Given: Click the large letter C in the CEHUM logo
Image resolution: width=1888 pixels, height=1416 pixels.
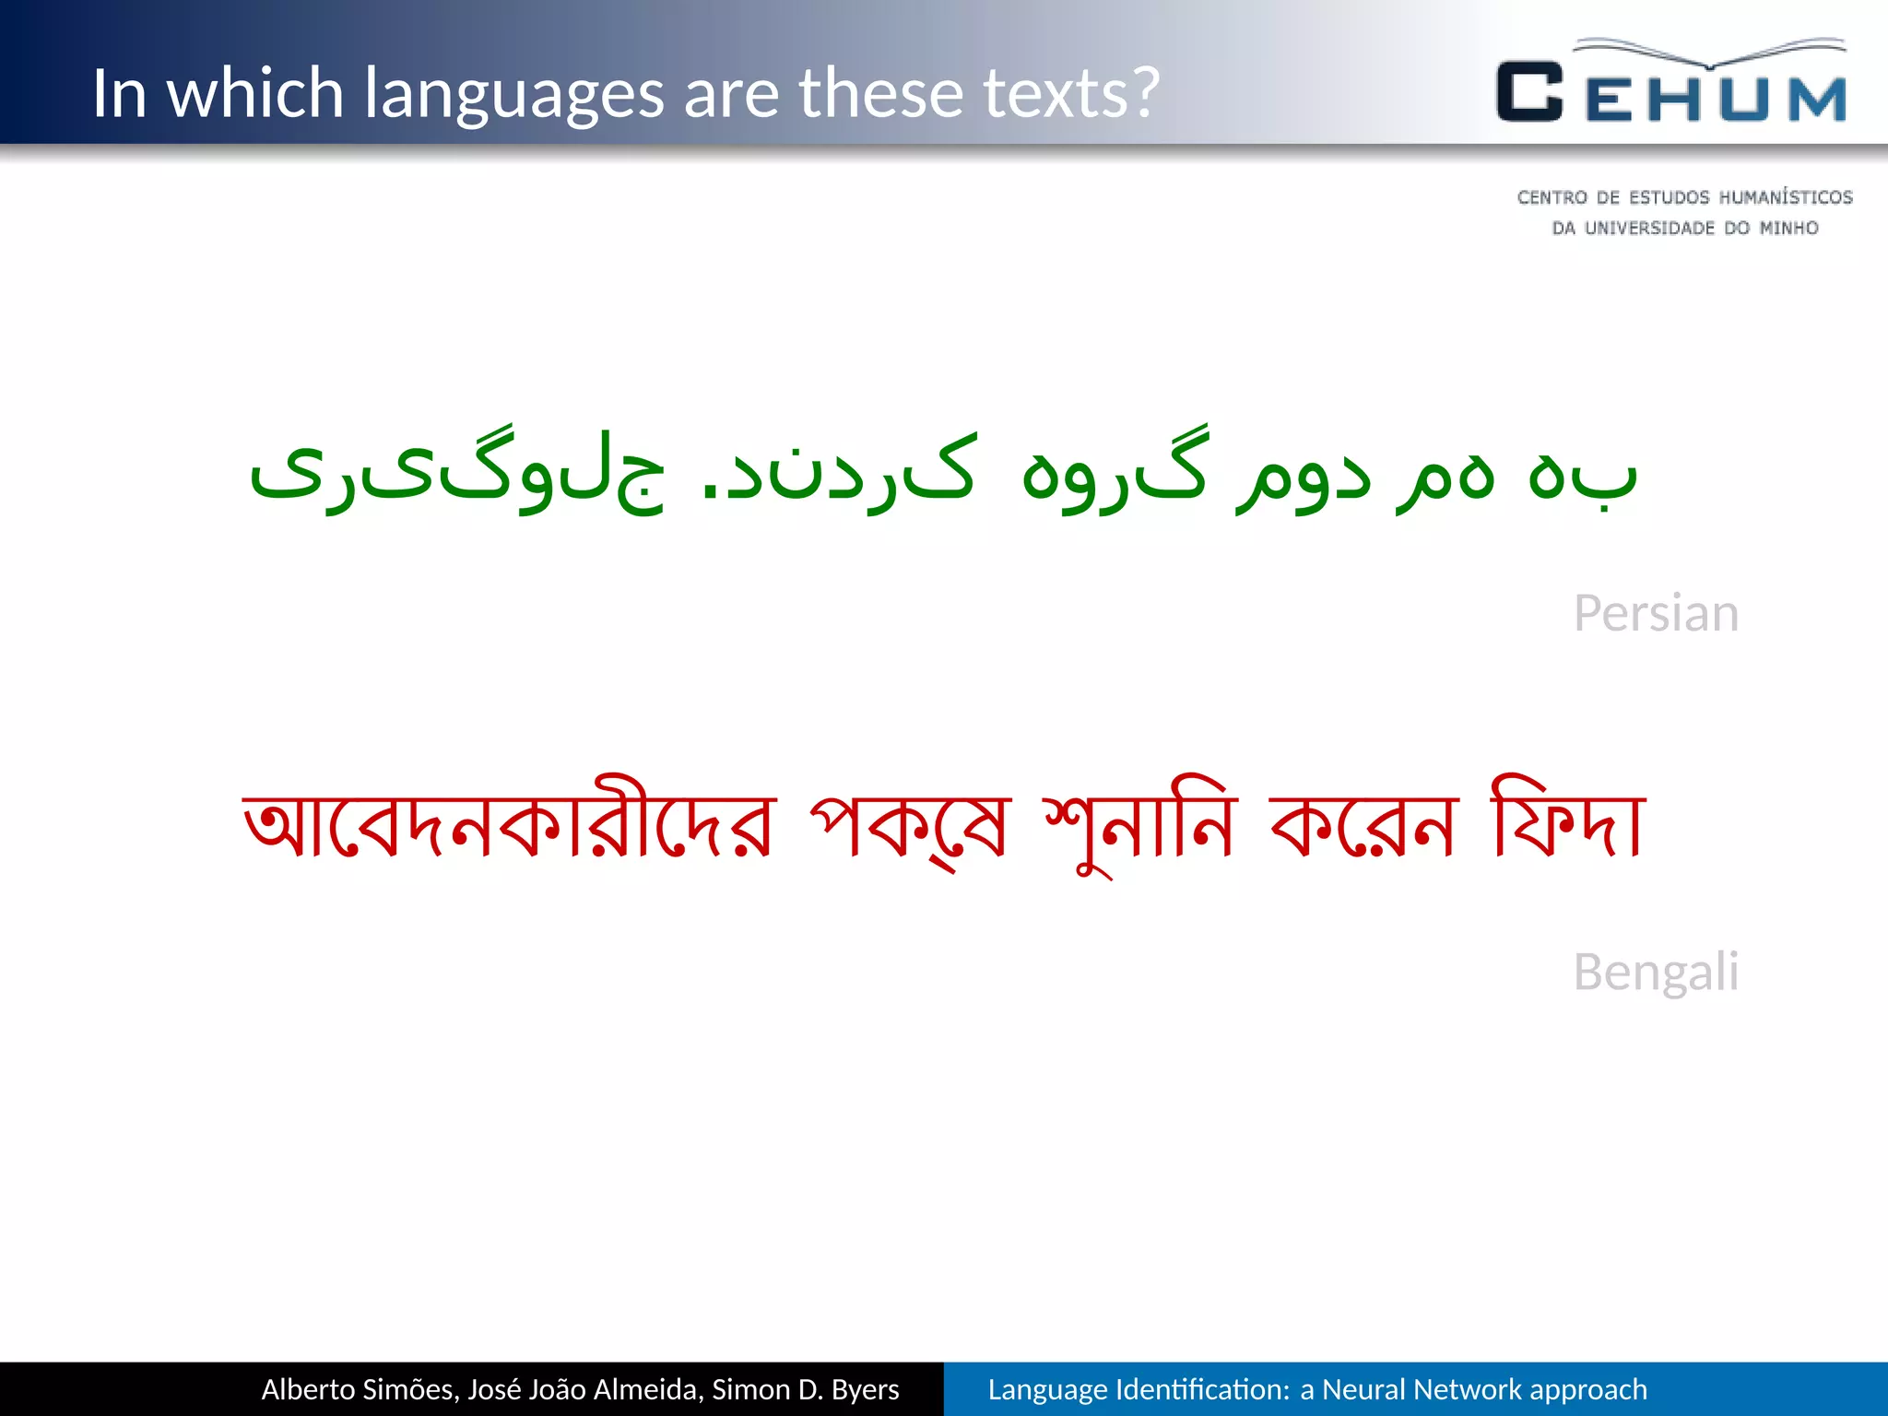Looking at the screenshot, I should pyautogui.click(x=1529, y=92).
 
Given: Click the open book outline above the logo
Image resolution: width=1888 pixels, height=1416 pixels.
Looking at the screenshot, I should pyautogui.click(x=1710, y=52).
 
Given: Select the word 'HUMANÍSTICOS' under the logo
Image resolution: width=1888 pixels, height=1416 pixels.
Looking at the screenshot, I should pyautogui.click(x=1785, y=197).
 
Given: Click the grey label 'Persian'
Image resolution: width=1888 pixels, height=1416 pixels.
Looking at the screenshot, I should pyautogui.click(x=1656, y=613).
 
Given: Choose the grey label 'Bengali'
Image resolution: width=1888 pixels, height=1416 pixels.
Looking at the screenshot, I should pyautogui.click(x=1656, y=972).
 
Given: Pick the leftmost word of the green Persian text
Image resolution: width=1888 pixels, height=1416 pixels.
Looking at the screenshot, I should pyautogui.click(x=456, y=475).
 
